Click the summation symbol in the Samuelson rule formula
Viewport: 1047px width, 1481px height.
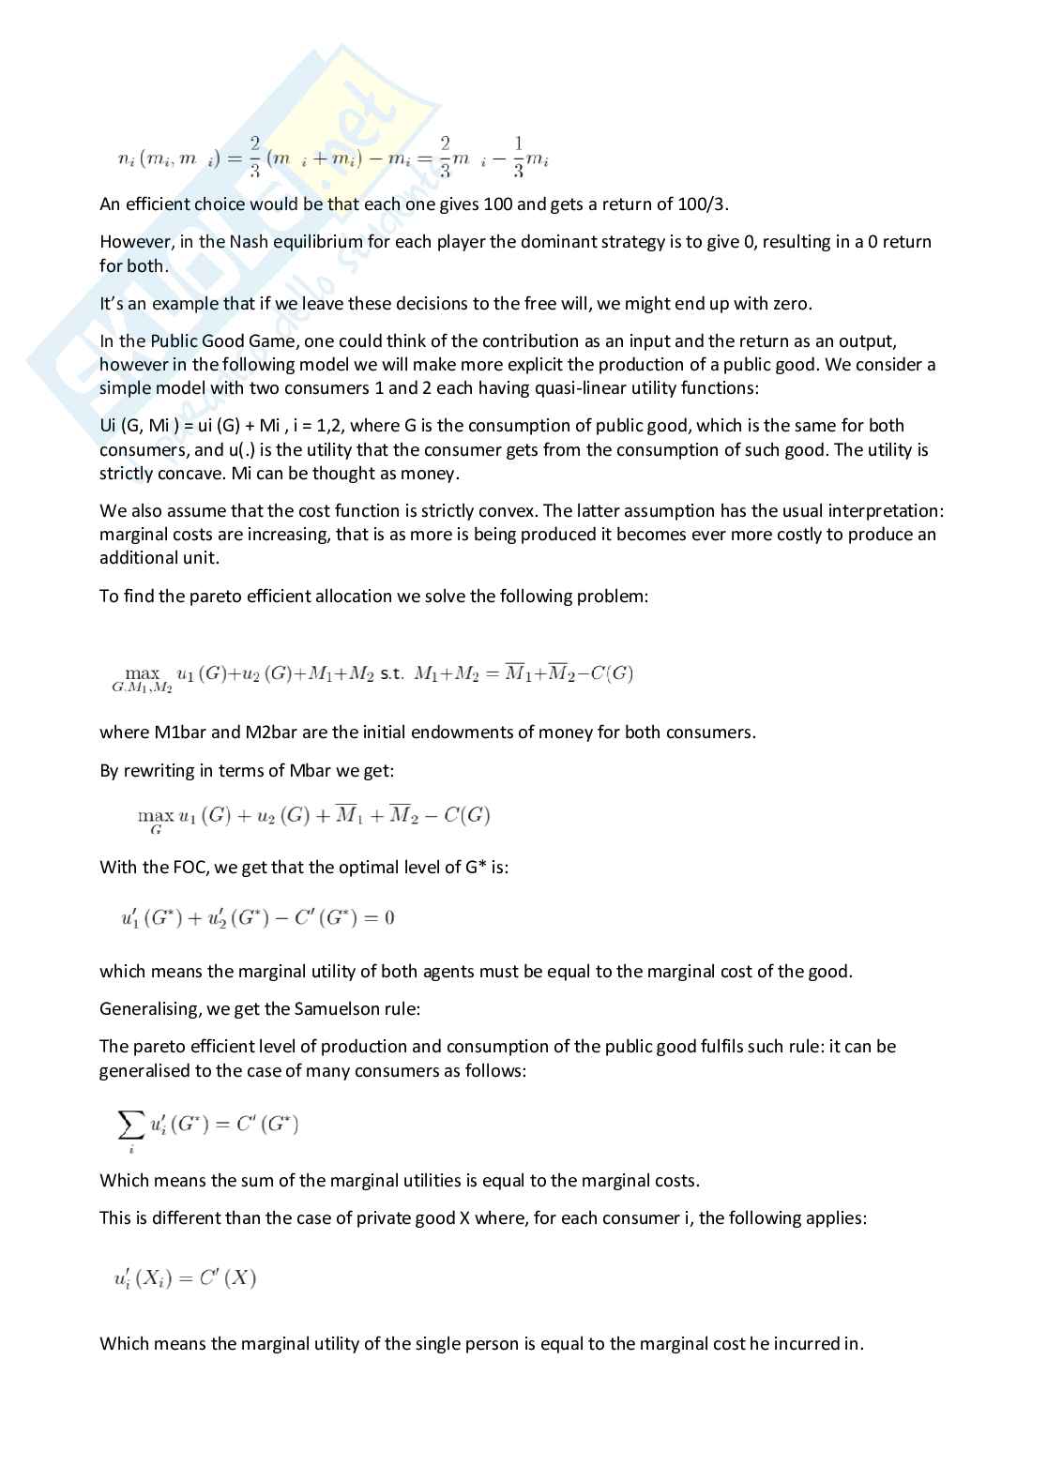click(x=130, y=1122)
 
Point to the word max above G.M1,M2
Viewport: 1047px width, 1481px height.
click(x=143, y=672)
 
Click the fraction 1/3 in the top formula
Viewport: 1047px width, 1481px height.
click(x=518, y=158)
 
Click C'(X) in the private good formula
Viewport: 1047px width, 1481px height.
click(x=228, y=1277)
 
